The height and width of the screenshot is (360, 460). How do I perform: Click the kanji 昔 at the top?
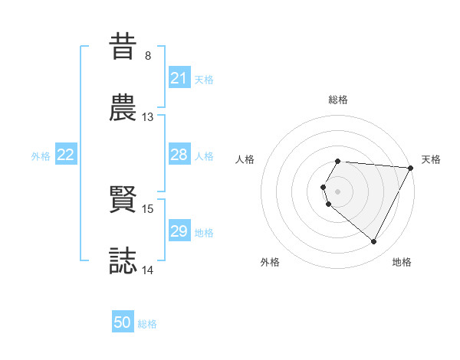[124, 46]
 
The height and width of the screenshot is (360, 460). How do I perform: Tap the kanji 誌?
[124, 260]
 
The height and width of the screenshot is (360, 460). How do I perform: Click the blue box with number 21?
[179, 78]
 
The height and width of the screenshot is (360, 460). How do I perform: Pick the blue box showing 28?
[179, 155]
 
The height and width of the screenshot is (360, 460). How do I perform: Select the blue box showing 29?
[179, 231]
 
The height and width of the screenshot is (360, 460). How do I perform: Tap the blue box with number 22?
[66, 155]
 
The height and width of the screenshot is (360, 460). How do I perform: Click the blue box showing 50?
[123, 322]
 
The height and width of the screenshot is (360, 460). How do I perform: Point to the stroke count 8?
[148, 56]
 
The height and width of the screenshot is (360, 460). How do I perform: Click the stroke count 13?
[148, 117]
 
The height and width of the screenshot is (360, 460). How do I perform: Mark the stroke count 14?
[148, 270]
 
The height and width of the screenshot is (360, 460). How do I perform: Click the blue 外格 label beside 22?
[41, 155]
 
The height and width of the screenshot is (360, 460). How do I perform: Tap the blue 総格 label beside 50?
[148, 324]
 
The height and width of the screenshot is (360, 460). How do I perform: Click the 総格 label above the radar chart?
[338, 100]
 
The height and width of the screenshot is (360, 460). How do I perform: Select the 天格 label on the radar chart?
[431, 159]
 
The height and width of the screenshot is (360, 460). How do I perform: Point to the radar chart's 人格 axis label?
[245, 159]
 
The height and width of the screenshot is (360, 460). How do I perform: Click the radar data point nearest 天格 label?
[411, 168]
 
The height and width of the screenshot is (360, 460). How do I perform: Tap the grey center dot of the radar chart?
[338, 191]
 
